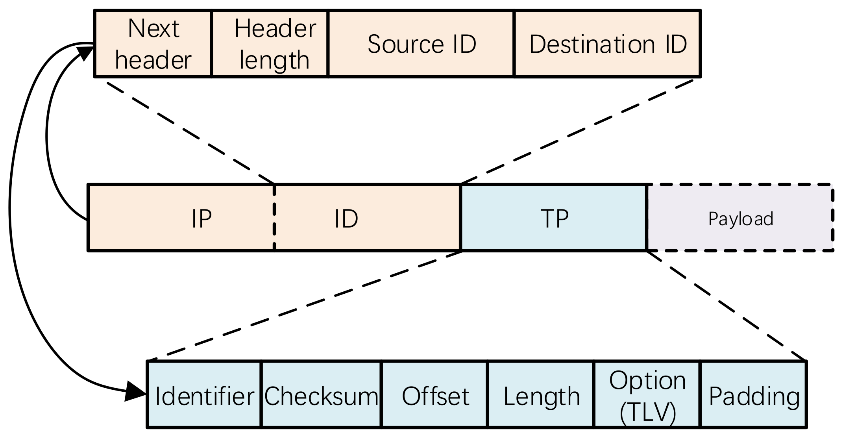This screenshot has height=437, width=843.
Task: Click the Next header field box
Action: tap(153, 44)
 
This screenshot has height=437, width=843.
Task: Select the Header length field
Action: tap(270, 44)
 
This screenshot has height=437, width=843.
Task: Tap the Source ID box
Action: tap(421, 44)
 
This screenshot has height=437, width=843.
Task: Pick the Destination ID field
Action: tap(608, 44)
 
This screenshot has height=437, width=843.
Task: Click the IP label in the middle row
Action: tap(202, 219)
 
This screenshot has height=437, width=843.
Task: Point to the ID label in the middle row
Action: tap(346, 219)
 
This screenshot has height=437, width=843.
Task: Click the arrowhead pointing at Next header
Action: tap(84, 52)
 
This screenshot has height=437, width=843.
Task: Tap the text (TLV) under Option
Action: tap(648, 413)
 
